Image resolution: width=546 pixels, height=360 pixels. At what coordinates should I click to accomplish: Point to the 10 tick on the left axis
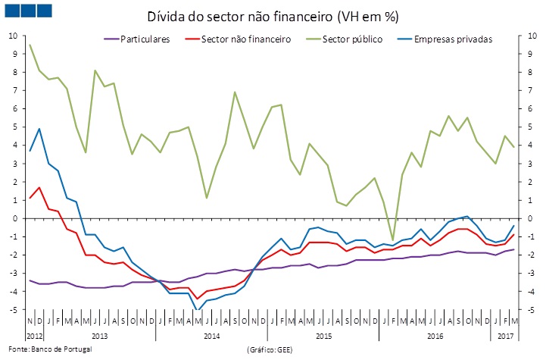click(13, 36)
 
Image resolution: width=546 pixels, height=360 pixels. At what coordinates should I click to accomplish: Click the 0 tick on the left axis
click(15, 218)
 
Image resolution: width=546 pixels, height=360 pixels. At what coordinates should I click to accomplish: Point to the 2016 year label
click(435, 334)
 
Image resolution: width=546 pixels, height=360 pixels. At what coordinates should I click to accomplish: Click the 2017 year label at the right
click(505, 334)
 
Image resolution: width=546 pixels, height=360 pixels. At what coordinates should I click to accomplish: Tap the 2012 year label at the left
click(35, 334)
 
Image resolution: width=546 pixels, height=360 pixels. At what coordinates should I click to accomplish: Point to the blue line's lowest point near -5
click(198, 310)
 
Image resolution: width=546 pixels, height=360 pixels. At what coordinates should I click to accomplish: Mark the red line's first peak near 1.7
click(39, 187)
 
